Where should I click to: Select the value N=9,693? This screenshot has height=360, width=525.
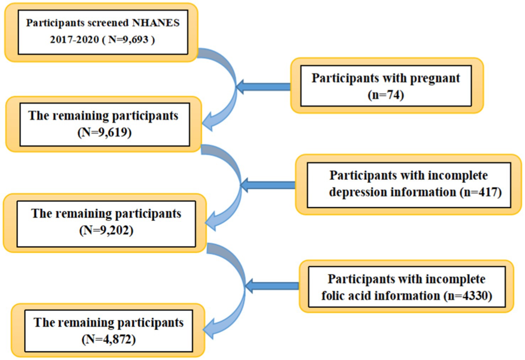128,39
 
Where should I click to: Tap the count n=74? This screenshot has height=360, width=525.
386,95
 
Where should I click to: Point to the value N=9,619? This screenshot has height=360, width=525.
105,133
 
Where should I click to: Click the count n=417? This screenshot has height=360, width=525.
481,192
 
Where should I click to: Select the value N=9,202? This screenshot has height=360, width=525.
106,230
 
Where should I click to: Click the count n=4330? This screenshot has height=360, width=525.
467,296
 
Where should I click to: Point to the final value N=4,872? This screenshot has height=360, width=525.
108,339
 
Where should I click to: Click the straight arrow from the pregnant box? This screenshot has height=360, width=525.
263,87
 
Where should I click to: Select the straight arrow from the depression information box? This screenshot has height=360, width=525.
268,185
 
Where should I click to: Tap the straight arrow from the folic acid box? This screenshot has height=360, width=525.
272,286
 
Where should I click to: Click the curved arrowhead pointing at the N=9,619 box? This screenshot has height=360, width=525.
208,122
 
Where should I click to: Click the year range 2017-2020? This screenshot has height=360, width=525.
75,39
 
